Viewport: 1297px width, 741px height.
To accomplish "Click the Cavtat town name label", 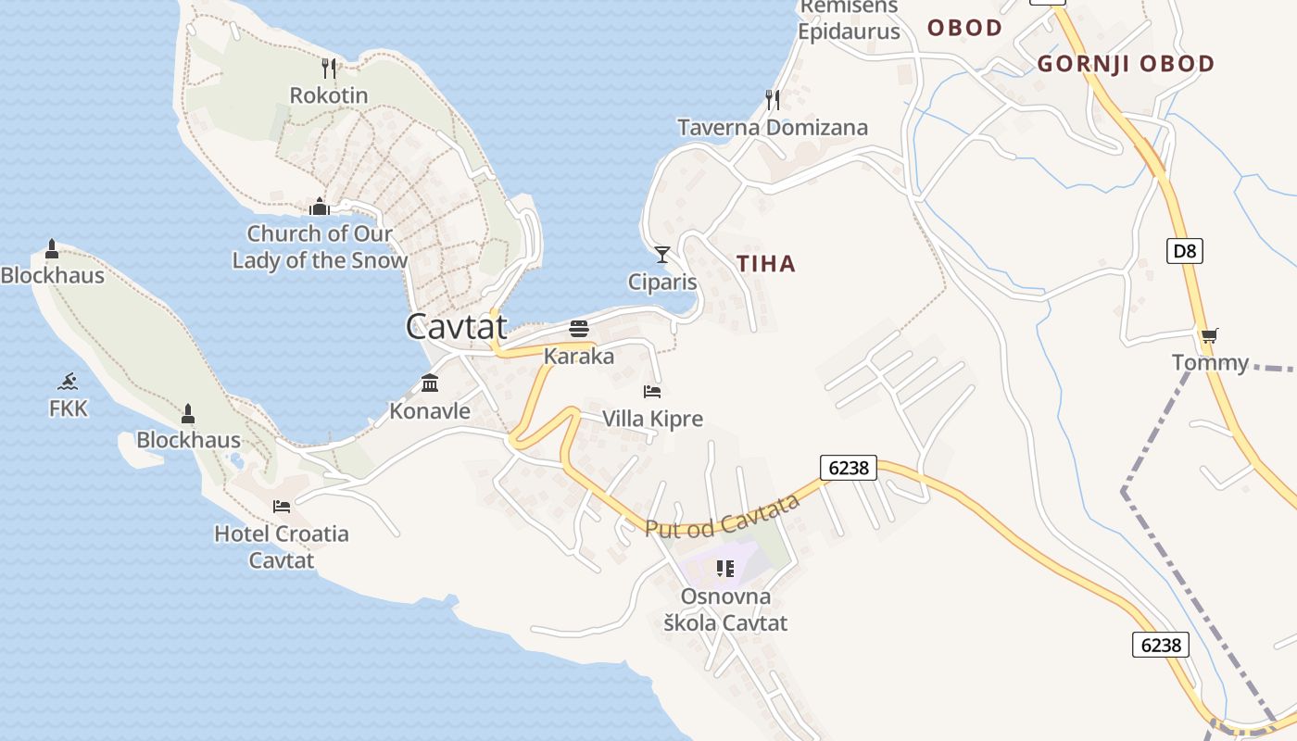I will click(457, 326).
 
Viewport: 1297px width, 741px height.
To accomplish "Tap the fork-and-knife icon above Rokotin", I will click(328, 68).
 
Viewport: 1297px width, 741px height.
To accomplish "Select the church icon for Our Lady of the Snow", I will click(320, 206).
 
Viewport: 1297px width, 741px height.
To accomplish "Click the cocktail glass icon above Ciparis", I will click(661, 254).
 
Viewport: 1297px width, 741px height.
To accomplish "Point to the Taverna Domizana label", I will click(773, 128).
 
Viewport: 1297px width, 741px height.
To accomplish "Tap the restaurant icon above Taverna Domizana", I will click(772, 99).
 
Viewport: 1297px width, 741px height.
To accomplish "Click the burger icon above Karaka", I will click(579, 329).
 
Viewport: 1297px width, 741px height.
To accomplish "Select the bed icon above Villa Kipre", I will click(652, 391).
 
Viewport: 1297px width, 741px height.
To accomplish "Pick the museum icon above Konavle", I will click(430, 383).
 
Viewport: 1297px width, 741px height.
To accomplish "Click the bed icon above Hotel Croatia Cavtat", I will click(282, 506).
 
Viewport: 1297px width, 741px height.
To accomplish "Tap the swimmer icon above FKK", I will click(68, 381).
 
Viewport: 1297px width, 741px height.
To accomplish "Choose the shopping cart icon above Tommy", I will click(1209, 335).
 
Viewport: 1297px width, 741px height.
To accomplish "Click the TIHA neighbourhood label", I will click(766, 264).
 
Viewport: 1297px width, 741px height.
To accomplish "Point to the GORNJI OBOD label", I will click(1126, 64).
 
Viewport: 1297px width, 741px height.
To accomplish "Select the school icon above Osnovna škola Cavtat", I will click(724, 568).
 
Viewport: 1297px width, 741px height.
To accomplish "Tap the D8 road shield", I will click(1184, 250).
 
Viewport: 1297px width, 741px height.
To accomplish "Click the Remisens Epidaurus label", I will click(850, 19).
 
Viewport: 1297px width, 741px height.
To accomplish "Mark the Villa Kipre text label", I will click(652, 419).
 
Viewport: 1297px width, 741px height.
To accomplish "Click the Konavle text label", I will click(430, 410).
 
